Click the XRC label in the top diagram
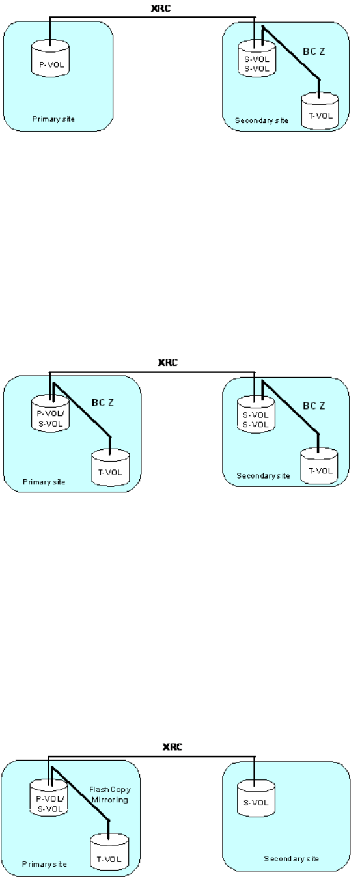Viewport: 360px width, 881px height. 161,8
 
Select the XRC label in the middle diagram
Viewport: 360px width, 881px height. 168,362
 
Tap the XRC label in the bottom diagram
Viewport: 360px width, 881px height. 173,746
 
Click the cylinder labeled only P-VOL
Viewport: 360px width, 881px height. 50,60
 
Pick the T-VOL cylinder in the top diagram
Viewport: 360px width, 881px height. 320,111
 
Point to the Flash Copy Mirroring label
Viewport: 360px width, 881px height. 109,794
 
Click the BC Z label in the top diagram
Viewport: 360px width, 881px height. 314,51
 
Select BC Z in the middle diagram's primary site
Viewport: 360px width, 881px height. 103,403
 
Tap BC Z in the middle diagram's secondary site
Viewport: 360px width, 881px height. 314,406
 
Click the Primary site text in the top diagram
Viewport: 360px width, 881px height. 53,119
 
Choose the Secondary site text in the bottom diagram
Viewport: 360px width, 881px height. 291,859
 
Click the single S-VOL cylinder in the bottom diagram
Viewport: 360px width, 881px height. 256,798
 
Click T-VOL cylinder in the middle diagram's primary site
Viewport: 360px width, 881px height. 111,468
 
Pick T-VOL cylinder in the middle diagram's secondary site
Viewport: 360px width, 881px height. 319,466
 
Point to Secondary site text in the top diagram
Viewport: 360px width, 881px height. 262,120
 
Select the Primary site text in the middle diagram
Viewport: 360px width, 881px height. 44,482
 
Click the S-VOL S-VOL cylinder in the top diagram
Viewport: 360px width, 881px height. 256,59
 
